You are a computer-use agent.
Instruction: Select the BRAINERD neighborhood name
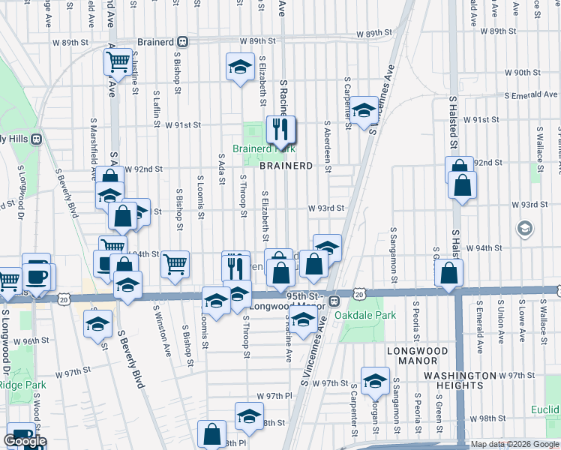[x=286, y=165]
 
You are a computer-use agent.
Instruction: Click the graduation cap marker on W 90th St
[x=240, y=67]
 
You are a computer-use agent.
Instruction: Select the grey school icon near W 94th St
[x=525, y=227]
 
